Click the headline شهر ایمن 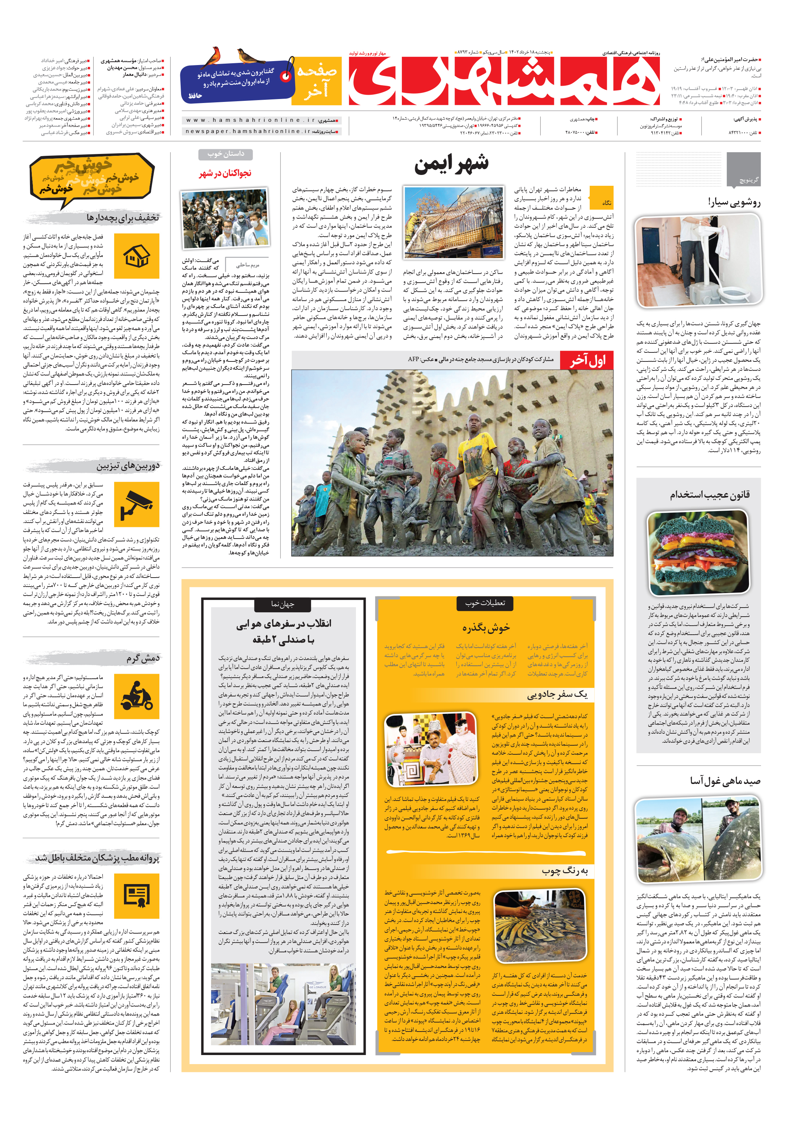451,164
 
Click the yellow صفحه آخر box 317,81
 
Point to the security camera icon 137,505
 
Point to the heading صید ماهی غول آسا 725,781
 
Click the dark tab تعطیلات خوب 485,603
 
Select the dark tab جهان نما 283,604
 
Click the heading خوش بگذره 486,627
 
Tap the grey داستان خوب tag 225,154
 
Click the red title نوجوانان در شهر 225,173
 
